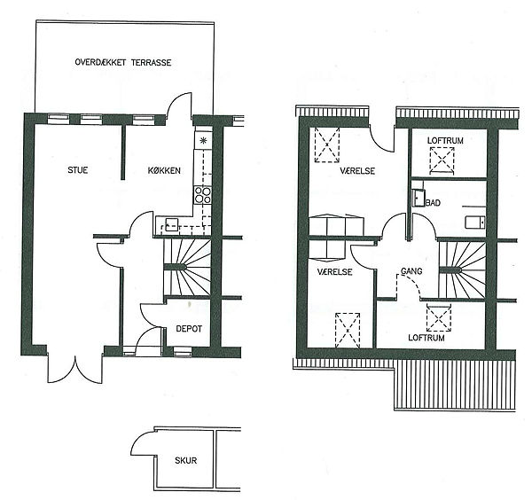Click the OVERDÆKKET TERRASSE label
tap(123, 62)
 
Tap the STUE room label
tap(78, 170)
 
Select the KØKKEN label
tap(164, 170)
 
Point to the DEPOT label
tap(189, 329)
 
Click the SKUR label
tap(185, 460)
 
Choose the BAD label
tap(433, 203)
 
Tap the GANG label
tap(411, 271)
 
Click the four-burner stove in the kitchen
tap(202, 195)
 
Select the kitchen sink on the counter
tap(172, 224)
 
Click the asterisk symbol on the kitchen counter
tap(203, 140)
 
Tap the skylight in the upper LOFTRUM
tap(442, 160)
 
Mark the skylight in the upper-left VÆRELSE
tap(326, 145)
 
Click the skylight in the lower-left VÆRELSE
tap(348, 330)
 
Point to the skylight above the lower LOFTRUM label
tap(439, 317)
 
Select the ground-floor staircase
tap(187, 268)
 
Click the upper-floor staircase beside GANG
tap(462, 270)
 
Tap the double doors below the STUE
tap(74, 368)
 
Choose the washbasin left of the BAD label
tap(419, 198)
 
